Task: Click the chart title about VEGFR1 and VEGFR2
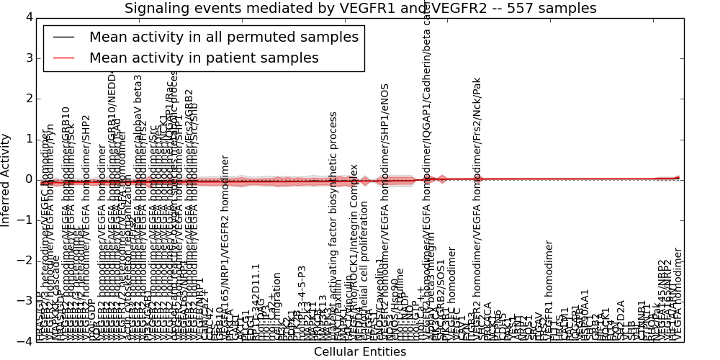pos(360,9)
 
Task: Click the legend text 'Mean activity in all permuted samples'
pos(223,37)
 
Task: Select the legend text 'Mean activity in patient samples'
pos(204,58)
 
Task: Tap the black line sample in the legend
pos(63,37)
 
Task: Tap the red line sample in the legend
pos(63,58)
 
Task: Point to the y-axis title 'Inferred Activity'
pos(6,180)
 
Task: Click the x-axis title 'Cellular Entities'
pos(360,352)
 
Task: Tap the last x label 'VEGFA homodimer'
pos(677,295)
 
